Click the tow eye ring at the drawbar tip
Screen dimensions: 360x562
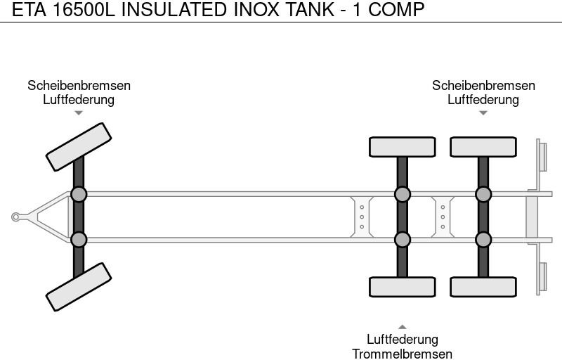(16, 217)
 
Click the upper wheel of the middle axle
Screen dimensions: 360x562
(402, 147)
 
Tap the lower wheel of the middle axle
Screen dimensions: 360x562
(402, 287)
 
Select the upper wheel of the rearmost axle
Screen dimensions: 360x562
(483, 147)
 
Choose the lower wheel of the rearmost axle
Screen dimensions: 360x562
(483, 287)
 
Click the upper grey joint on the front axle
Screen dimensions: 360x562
(79, 194)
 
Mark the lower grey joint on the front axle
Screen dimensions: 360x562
(79, 240)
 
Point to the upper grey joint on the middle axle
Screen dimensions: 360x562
(402, 194)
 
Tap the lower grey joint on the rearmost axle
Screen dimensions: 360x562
(483, 240)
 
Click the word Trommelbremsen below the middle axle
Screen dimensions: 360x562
(402, 354)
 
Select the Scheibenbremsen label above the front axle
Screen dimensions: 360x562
(79, 85)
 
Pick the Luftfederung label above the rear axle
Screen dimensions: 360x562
(483, 99)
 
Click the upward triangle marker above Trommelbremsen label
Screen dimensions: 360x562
(402, 326)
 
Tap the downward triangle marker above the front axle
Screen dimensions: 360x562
(79, 112)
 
